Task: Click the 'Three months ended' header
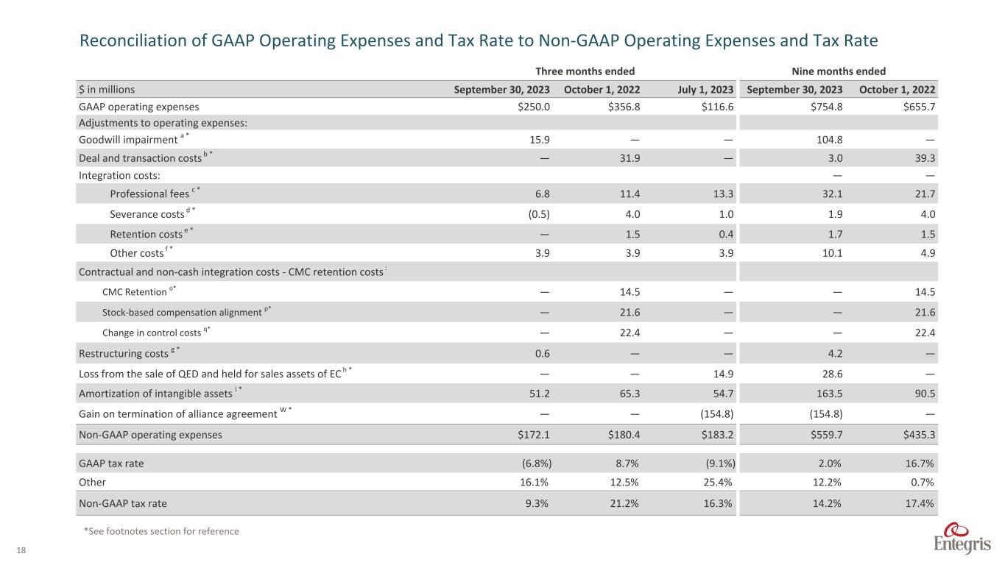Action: click(x=585, y=71)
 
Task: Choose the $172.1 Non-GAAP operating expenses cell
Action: click(x=533, y=434)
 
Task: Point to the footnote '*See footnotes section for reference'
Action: click(x=162, y=531)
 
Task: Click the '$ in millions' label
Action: click(x=107, y=90)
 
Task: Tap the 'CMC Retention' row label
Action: click(x=134, y=292)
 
